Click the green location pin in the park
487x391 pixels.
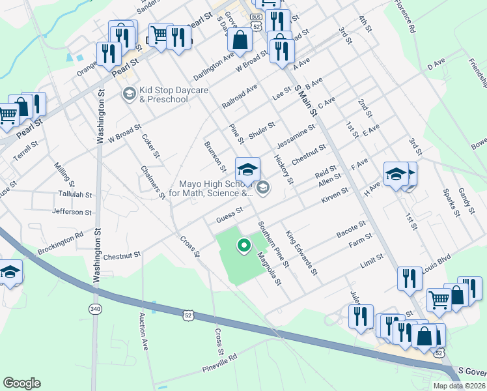point(244,246)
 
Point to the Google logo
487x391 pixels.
point(21,383)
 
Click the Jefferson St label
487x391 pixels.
point(72,212)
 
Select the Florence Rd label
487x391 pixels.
point(404,16)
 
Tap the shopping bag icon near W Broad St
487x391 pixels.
point(240,40)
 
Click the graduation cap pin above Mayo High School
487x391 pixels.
point(247,171)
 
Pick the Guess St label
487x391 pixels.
point(229,212)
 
